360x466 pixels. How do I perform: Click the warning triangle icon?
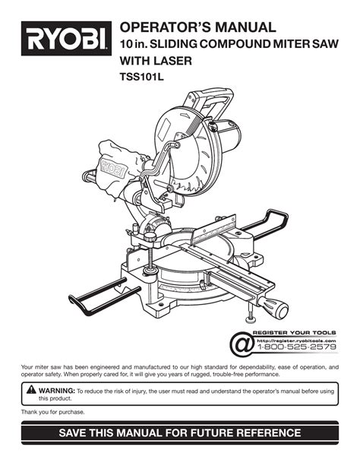[x=30, y=390]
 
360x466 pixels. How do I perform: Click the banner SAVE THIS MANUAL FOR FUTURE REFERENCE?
[x=180, y=434]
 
